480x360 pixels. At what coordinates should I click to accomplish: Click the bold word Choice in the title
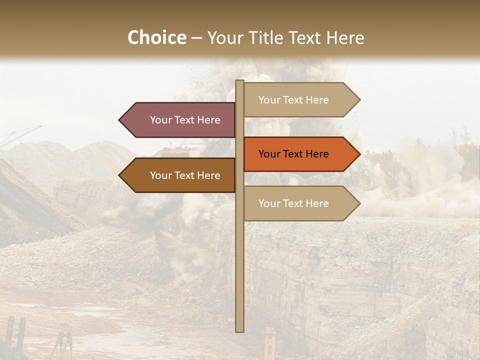[156, 37]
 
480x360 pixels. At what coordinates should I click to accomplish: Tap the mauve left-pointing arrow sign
[180, 120]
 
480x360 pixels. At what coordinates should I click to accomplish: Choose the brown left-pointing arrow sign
[180, 175]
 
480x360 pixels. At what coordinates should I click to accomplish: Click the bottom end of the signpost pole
[240, 329]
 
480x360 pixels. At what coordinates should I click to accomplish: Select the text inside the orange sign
[293, 154]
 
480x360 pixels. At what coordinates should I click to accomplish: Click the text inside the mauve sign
[185, 120]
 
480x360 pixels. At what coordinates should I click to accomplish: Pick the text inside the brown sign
[185, 175]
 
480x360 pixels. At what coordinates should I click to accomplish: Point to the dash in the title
[196, 38]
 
